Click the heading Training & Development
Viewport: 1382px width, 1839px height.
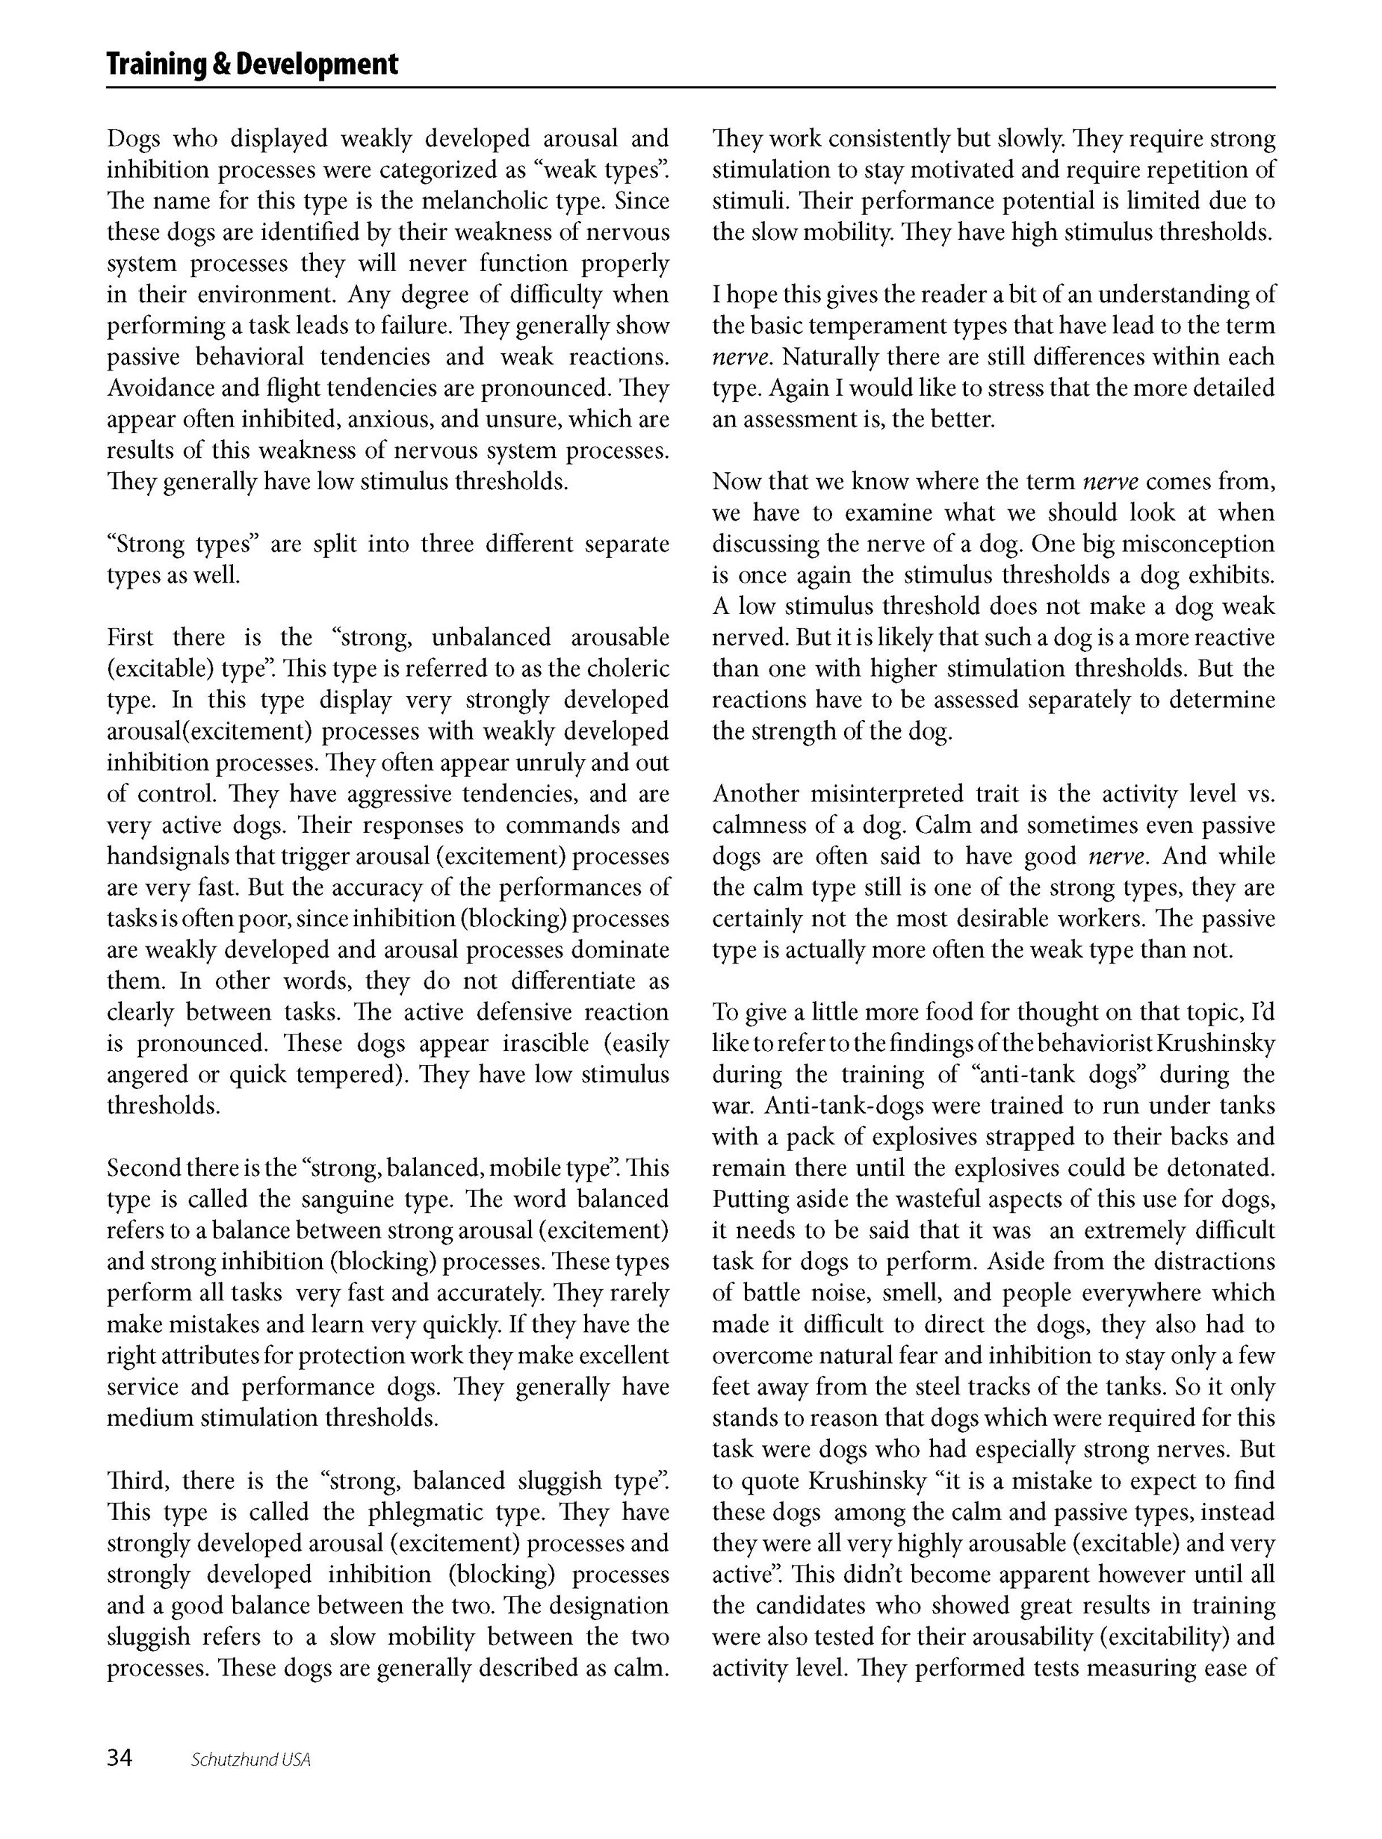(252, 64)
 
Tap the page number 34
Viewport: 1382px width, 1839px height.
(119, 1758)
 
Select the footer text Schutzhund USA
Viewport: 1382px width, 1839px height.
(250, 1759)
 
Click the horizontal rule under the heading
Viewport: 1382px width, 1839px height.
(690, 87)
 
